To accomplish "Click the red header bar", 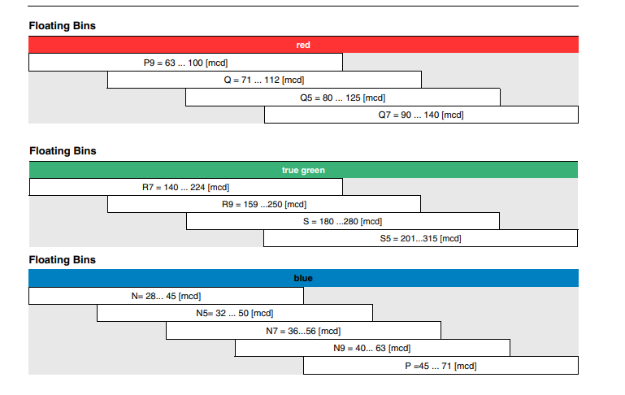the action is [303, 45].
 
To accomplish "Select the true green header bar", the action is [303, 170].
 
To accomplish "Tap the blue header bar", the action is [303, 278].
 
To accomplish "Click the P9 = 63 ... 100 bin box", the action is [185, 63].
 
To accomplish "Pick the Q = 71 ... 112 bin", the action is [264, 80].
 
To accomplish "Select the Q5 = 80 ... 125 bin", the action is [343, 98].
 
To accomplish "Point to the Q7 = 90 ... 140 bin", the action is [421, 115].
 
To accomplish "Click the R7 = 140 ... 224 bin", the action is [186, 187].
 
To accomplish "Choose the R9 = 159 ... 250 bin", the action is [264, 204].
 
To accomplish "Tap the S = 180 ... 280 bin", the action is [343, 221].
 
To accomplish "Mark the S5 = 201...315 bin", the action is [420, 238].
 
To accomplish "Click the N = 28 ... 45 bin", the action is [166, 296].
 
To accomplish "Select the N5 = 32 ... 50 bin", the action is [235, 313].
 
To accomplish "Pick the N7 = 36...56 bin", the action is [303, 331].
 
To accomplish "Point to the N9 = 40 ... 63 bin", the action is [372, 348].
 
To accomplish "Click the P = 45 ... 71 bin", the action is [441, 366].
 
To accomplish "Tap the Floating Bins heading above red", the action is [63, 26].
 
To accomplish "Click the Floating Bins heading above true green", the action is [63, 151].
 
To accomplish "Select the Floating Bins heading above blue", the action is [63, 260].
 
